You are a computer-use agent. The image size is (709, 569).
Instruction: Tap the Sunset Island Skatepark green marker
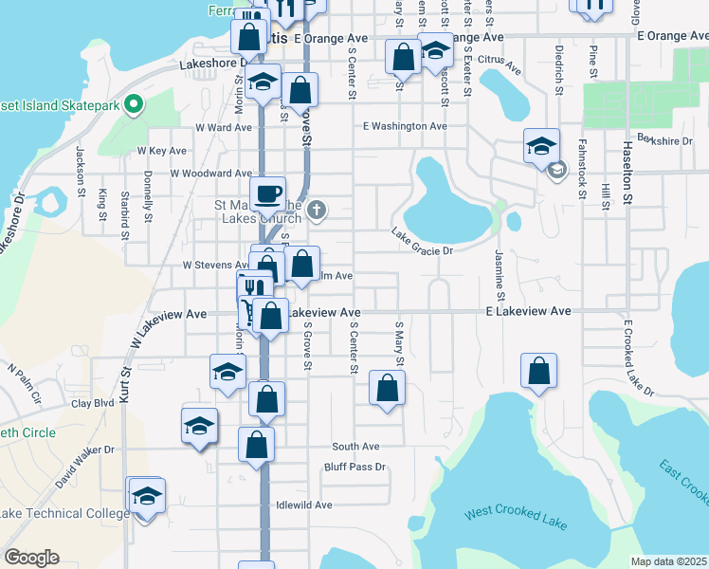(x=134, y=103)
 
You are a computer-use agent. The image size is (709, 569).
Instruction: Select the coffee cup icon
(x=269, y=193)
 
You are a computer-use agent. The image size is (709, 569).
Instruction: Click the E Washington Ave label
(x=405, y=126)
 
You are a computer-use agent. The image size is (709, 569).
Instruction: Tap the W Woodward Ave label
(x=210, y=174)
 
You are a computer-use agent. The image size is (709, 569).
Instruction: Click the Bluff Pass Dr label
(x=355, y=467)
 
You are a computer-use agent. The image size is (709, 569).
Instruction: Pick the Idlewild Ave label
(x=303, y=505)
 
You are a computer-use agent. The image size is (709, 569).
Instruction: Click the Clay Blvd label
(x=93, y=403)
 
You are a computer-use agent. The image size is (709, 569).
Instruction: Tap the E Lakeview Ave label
(x=529, y=311)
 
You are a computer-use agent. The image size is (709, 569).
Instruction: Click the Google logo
(x=31, y=558)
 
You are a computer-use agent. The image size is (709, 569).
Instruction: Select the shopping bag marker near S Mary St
(x=387, y=388)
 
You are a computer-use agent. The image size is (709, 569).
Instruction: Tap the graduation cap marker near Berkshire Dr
(x=541, y=146)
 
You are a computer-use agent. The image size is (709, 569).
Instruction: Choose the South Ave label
(x=355, y=447)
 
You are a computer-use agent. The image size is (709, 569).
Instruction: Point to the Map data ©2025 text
(x=668, y=561)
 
